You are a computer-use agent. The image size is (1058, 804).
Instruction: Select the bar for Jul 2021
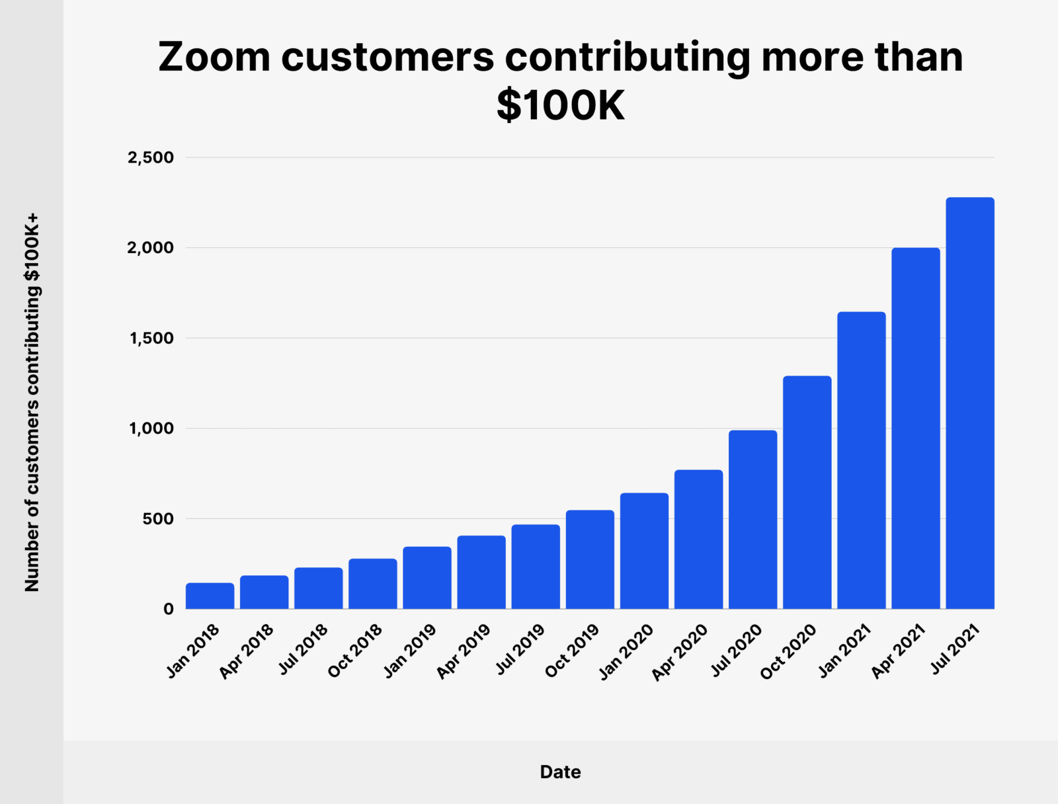[x=969, y=403]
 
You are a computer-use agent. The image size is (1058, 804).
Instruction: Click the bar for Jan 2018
[x=210, y=596]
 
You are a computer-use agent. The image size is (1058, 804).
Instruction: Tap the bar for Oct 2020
[x=807, y=493]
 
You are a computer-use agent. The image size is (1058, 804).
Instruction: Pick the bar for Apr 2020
[x=698, y=540]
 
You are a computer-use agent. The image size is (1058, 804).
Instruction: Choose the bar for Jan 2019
[x=427, y=578]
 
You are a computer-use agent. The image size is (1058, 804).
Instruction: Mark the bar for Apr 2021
[x=915, y=428]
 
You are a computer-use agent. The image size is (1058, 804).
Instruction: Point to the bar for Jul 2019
[x=536, y=567]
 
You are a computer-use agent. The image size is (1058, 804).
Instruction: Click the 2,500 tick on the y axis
[x=151, y=157]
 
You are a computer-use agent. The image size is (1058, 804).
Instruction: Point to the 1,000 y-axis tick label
[x=151, y=428]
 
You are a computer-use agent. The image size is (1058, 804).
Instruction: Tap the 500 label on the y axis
[x=158, y=519]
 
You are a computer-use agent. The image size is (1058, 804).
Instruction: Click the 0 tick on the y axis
[x=169, y=609]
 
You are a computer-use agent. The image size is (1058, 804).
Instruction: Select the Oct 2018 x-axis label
[x=355, y=651]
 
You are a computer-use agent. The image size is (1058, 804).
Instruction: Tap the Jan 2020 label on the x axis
[x=626, y=652]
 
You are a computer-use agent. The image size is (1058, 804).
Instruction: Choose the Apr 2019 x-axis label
[x=464, y=651]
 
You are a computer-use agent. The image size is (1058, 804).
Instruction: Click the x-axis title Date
[x=560, y=772]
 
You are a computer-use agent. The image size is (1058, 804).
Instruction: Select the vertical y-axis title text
[x=32, y=402]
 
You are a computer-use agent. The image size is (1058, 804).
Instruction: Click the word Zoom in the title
[x=214, y=57]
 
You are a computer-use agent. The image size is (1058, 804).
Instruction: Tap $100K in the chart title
[x=560, y=106]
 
